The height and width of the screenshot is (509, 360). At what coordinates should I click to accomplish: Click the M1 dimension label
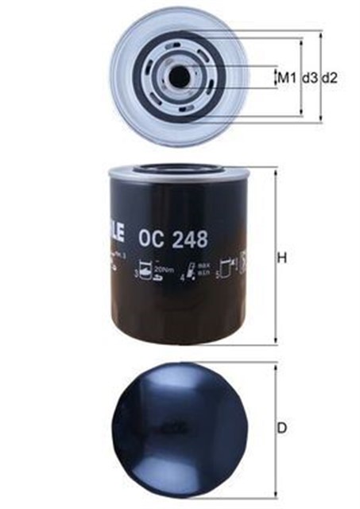[286, 78]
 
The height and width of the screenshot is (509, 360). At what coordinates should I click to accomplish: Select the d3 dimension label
[309, 78]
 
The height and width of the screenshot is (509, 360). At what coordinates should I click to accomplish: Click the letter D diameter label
[281, 429]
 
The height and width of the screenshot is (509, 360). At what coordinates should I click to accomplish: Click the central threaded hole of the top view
[180, 76]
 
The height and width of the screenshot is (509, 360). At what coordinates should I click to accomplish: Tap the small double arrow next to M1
[275, 78]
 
